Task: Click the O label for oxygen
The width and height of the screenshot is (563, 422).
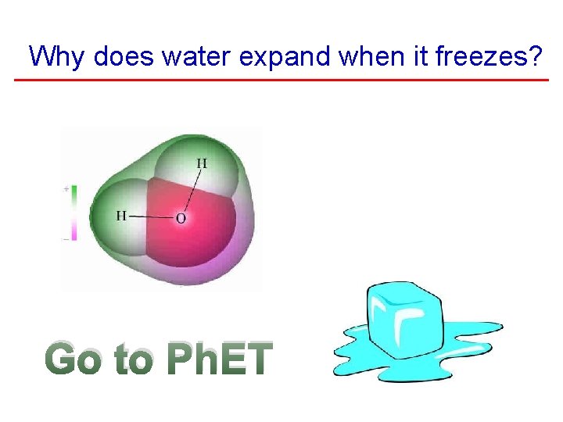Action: coord(181,219)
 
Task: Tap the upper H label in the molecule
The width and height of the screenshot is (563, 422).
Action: coord(202,163)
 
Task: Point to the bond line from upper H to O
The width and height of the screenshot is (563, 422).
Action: coord(192,191)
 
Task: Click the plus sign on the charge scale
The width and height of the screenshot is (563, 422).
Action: coord(66,189)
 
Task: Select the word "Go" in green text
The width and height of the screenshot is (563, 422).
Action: coord(75,360)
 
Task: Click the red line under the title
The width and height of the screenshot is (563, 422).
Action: coord(281,80)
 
